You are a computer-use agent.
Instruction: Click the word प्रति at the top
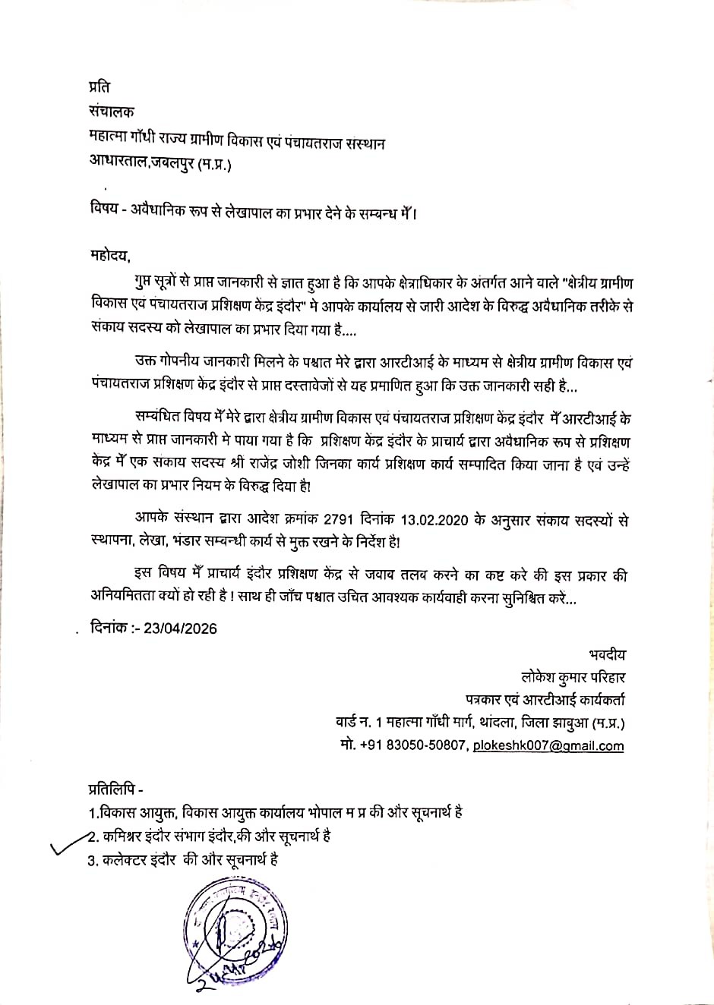[x=100, y=87]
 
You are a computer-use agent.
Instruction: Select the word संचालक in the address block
[x=112, y=112]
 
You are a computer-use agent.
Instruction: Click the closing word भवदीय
[x=607, y=654]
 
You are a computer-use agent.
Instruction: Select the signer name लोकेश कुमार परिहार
[x=573, y=677]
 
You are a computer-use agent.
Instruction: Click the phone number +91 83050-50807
[x=413, y=745]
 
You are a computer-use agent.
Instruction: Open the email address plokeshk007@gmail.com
[x=548, y=745]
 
